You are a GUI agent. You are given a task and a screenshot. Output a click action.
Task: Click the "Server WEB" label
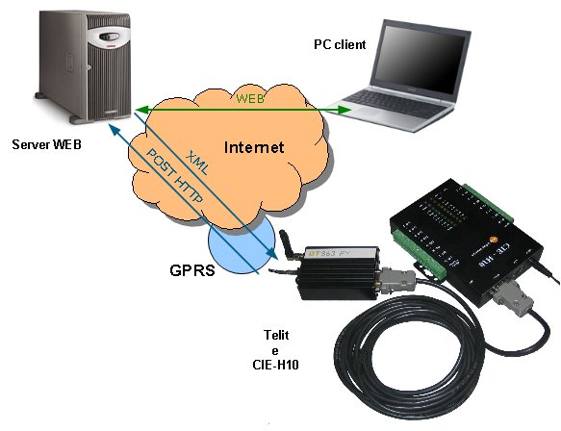pos(46,144)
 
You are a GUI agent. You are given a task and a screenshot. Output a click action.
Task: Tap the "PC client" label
pos(340,44)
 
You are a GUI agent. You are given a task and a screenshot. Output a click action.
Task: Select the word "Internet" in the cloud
pos(254,147)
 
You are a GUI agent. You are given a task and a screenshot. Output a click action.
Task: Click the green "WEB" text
pos(250,99)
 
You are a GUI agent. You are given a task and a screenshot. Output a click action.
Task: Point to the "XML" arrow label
pos(197,163)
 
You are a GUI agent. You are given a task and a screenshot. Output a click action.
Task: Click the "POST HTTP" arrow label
pos(175,176)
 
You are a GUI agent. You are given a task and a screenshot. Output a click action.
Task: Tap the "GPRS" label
pos(192,270)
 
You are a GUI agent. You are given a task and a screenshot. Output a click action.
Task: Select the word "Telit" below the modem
pos(276,335)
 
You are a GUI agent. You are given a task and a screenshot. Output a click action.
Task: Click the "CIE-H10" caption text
pos(275,365)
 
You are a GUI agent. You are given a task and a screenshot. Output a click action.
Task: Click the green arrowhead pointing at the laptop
pos(344,110)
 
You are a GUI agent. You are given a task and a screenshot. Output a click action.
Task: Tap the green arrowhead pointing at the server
pos(142,110)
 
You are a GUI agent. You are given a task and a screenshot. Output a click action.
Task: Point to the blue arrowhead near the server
pos(115,130)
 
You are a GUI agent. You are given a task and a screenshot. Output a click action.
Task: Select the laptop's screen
pos(421,60)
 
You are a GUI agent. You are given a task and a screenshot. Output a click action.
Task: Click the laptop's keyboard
pos(396,103)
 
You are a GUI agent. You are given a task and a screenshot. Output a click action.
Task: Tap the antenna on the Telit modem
pos(288,244)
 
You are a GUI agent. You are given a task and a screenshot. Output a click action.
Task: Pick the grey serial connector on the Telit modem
pos(397,280)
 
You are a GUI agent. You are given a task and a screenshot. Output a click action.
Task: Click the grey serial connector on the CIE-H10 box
pos(512,297)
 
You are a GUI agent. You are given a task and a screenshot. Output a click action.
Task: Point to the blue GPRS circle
pos(242,245)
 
